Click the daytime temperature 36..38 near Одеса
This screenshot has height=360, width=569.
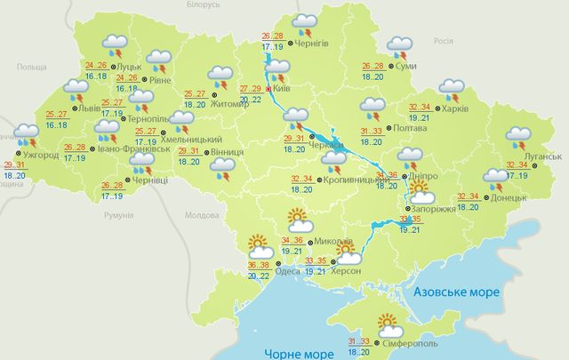tap(260, 265)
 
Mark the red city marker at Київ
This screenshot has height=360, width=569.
tap(268, 89)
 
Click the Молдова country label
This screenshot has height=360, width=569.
tap(200, 215)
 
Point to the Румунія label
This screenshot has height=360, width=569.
tap(117, 216)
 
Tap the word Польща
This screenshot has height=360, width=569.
tap(31, 68)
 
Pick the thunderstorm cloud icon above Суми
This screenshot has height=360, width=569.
tap(398, 44)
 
